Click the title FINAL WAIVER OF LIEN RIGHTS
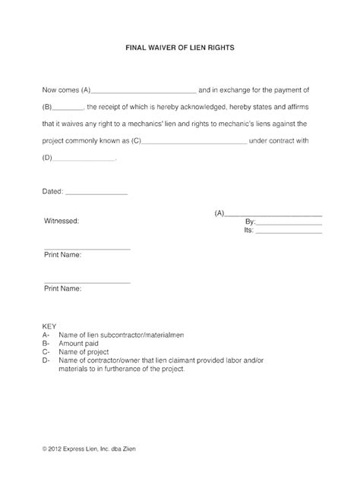pos(180,47)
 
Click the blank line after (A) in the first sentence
pos(144,90)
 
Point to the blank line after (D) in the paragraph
pos(84,160)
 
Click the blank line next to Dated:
pos(97,193)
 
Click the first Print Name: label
pos(63,255)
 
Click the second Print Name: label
pos(63,289)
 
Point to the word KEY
pos(49,324)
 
